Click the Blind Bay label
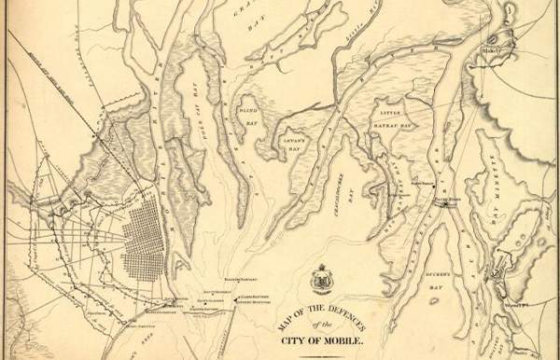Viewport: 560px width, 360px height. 248,109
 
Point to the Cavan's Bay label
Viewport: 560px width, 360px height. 298,140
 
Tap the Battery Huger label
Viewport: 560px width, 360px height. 445,199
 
